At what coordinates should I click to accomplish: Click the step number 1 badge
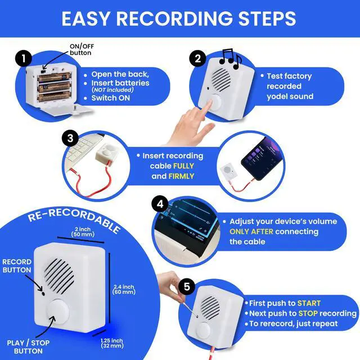tap(22, 58)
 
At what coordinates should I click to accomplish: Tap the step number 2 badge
tap(197, 58)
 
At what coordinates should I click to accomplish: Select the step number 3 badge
tap(70, 138)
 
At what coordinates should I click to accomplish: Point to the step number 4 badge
tap(160, 204)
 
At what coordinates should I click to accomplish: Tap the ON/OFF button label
tap(80, 49)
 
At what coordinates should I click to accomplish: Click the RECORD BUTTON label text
tap(17, 265)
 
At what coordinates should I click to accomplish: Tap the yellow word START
tap(309, 303)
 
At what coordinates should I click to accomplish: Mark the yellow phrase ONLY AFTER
tap(253, 232)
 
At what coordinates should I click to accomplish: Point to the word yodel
tap(279, 97)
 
